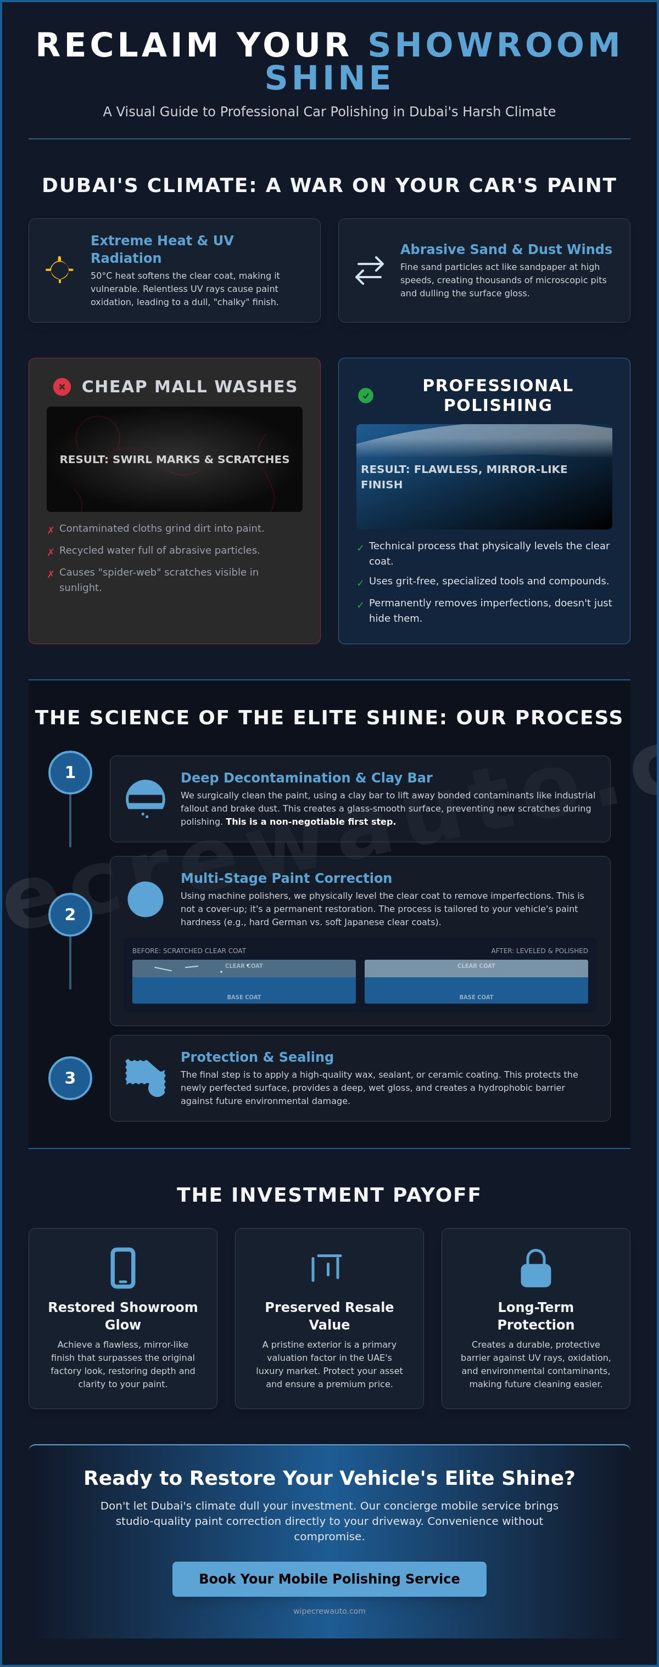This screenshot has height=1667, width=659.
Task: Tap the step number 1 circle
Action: pyautogui.click(x=70, y=772)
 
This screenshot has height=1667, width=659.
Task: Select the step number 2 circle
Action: pyautogui.click(x=70, y=914)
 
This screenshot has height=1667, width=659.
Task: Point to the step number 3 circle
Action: pyautogui.click(x=70, y=1078)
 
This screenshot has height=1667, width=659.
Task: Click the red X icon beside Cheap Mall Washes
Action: pyautogui.click(x=62, y=386)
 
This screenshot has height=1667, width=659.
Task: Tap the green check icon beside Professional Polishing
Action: pyautogui.click(x=366, y=396)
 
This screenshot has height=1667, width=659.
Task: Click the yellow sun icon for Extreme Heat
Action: pyautogui.click(x=59, y=270)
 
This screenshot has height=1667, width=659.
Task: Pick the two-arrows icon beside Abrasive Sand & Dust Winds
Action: pyautogui.click(x=370, y=271)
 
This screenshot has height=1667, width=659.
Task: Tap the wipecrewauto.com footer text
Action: pyautogui.click(x=329, y=1610)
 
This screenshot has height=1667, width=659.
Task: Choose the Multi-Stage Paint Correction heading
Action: pyautogui.click(x=286, y=877)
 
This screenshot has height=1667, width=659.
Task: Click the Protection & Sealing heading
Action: pyautogui.click(x=257, y=1057)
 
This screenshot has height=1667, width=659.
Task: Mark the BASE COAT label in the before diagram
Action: pyautogui.click(x=244, y=996)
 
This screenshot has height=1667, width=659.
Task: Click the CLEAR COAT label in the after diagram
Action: pyautogui.click(x=477, y=966)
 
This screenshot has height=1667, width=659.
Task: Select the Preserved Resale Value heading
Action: pyautogui.click(x=329, y=1316)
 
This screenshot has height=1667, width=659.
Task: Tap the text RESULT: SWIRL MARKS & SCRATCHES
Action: pyautogui.click(x=174, y=459)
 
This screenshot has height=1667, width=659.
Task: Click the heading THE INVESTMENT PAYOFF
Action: pyautogui.click(x=329, y=1195)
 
